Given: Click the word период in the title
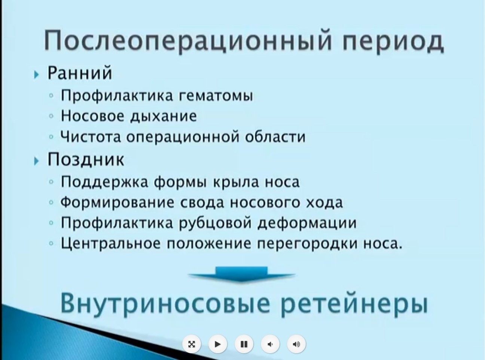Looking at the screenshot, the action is point(393,41).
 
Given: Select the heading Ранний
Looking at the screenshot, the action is point(80,73).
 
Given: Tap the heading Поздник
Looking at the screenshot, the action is point(86,159).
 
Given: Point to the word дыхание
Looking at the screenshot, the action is point(163,116).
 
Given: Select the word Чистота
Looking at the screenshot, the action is point(91,137).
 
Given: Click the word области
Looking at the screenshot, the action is point(275,136).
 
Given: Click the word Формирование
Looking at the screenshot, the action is point(117,202).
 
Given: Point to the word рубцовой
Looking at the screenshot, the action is point(215,223).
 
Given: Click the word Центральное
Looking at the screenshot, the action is point(111,243).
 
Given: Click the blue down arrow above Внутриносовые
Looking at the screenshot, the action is point(242,274).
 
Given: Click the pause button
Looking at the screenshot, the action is point(244,344).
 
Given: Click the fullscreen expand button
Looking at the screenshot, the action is point(191,344).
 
